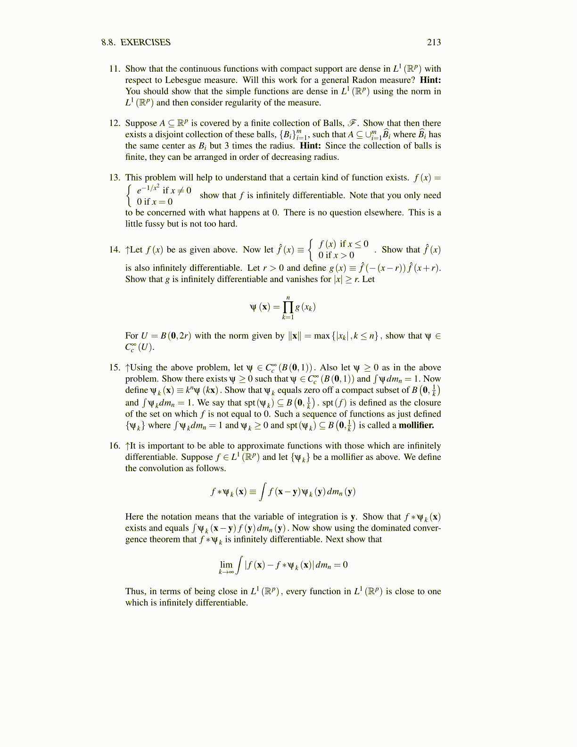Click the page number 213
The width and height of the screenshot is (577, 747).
434,42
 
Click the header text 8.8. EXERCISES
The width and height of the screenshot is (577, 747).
136,42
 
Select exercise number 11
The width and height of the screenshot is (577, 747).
115,69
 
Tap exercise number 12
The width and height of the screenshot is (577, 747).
115,123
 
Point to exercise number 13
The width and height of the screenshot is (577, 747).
115,178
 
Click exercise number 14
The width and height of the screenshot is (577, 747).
115,249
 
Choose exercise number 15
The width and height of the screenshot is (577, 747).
115,368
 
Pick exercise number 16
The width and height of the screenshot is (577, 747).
115,446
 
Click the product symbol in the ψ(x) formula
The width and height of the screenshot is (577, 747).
288,307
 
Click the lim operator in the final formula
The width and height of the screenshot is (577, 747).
226,565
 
